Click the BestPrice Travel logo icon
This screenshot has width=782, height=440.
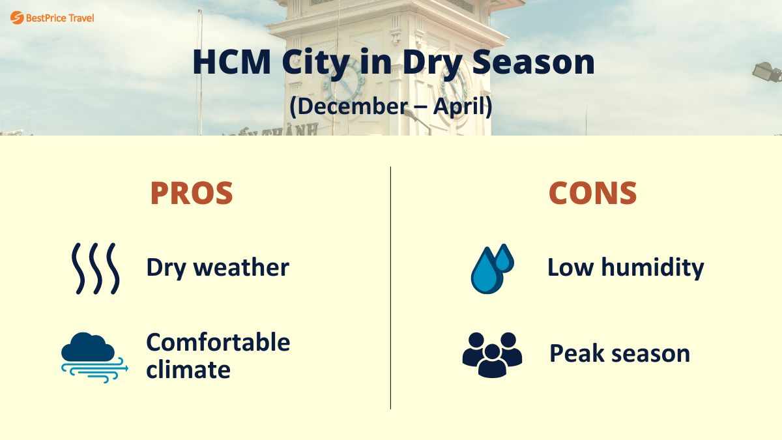(x=16, y=18)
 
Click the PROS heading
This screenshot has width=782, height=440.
(x=192, y=193)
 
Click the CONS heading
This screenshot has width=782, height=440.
(x=592, y=193)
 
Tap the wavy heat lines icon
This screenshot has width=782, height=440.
(x=95, y=268)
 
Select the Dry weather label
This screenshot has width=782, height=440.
(x=218, y=267)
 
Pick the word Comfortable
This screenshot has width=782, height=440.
(x=218, y=342)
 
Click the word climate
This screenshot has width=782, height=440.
(x=188, y=370)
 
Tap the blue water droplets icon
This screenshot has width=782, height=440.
(x=492, y=268)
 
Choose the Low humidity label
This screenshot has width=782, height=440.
(x=626, y=267)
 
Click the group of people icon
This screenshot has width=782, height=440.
(x=492, y=354)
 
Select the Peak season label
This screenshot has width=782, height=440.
(x=620, y=353)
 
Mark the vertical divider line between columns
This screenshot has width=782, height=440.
(x=391, y=287)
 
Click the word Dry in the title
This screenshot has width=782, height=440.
(x=433, y=62)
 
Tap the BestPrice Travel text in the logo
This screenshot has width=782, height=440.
(x=60, y=18)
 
